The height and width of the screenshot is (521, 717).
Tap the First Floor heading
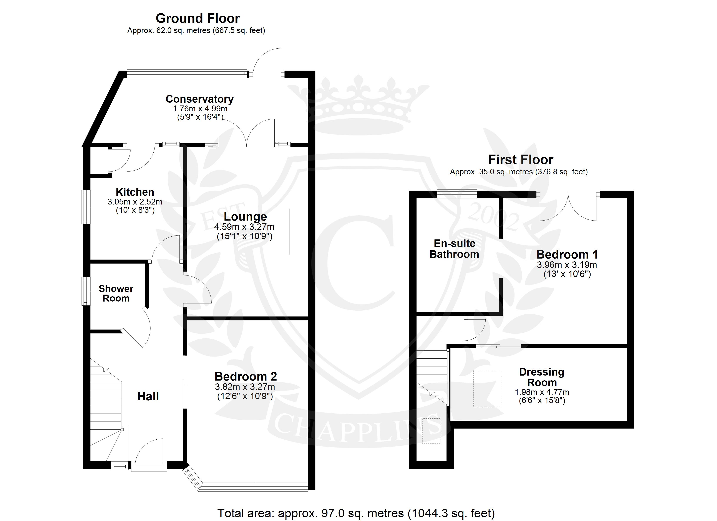pos(521,160)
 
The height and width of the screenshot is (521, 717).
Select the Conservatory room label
pos(199,99)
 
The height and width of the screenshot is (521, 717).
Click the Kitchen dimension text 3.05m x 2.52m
pos(135,202)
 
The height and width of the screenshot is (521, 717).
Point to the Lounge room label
pos(245,217)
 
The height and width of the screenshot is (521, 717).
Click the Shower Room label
pos(116,293)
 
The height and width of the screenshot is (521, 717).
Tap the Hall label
pos(148,396)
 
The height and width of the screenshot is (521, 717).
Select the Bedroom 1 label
pos(567,254)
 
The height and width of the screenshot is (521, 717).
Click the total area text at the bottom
pos(356,513)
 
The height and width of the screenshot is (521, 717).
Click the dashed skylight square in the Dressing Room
pos(487,388)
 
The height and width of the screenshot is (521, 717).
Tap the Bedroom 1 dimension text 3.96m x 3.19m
pos(567,265)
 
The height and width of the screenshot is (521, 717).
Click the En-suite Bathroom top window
pos(457,193)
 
